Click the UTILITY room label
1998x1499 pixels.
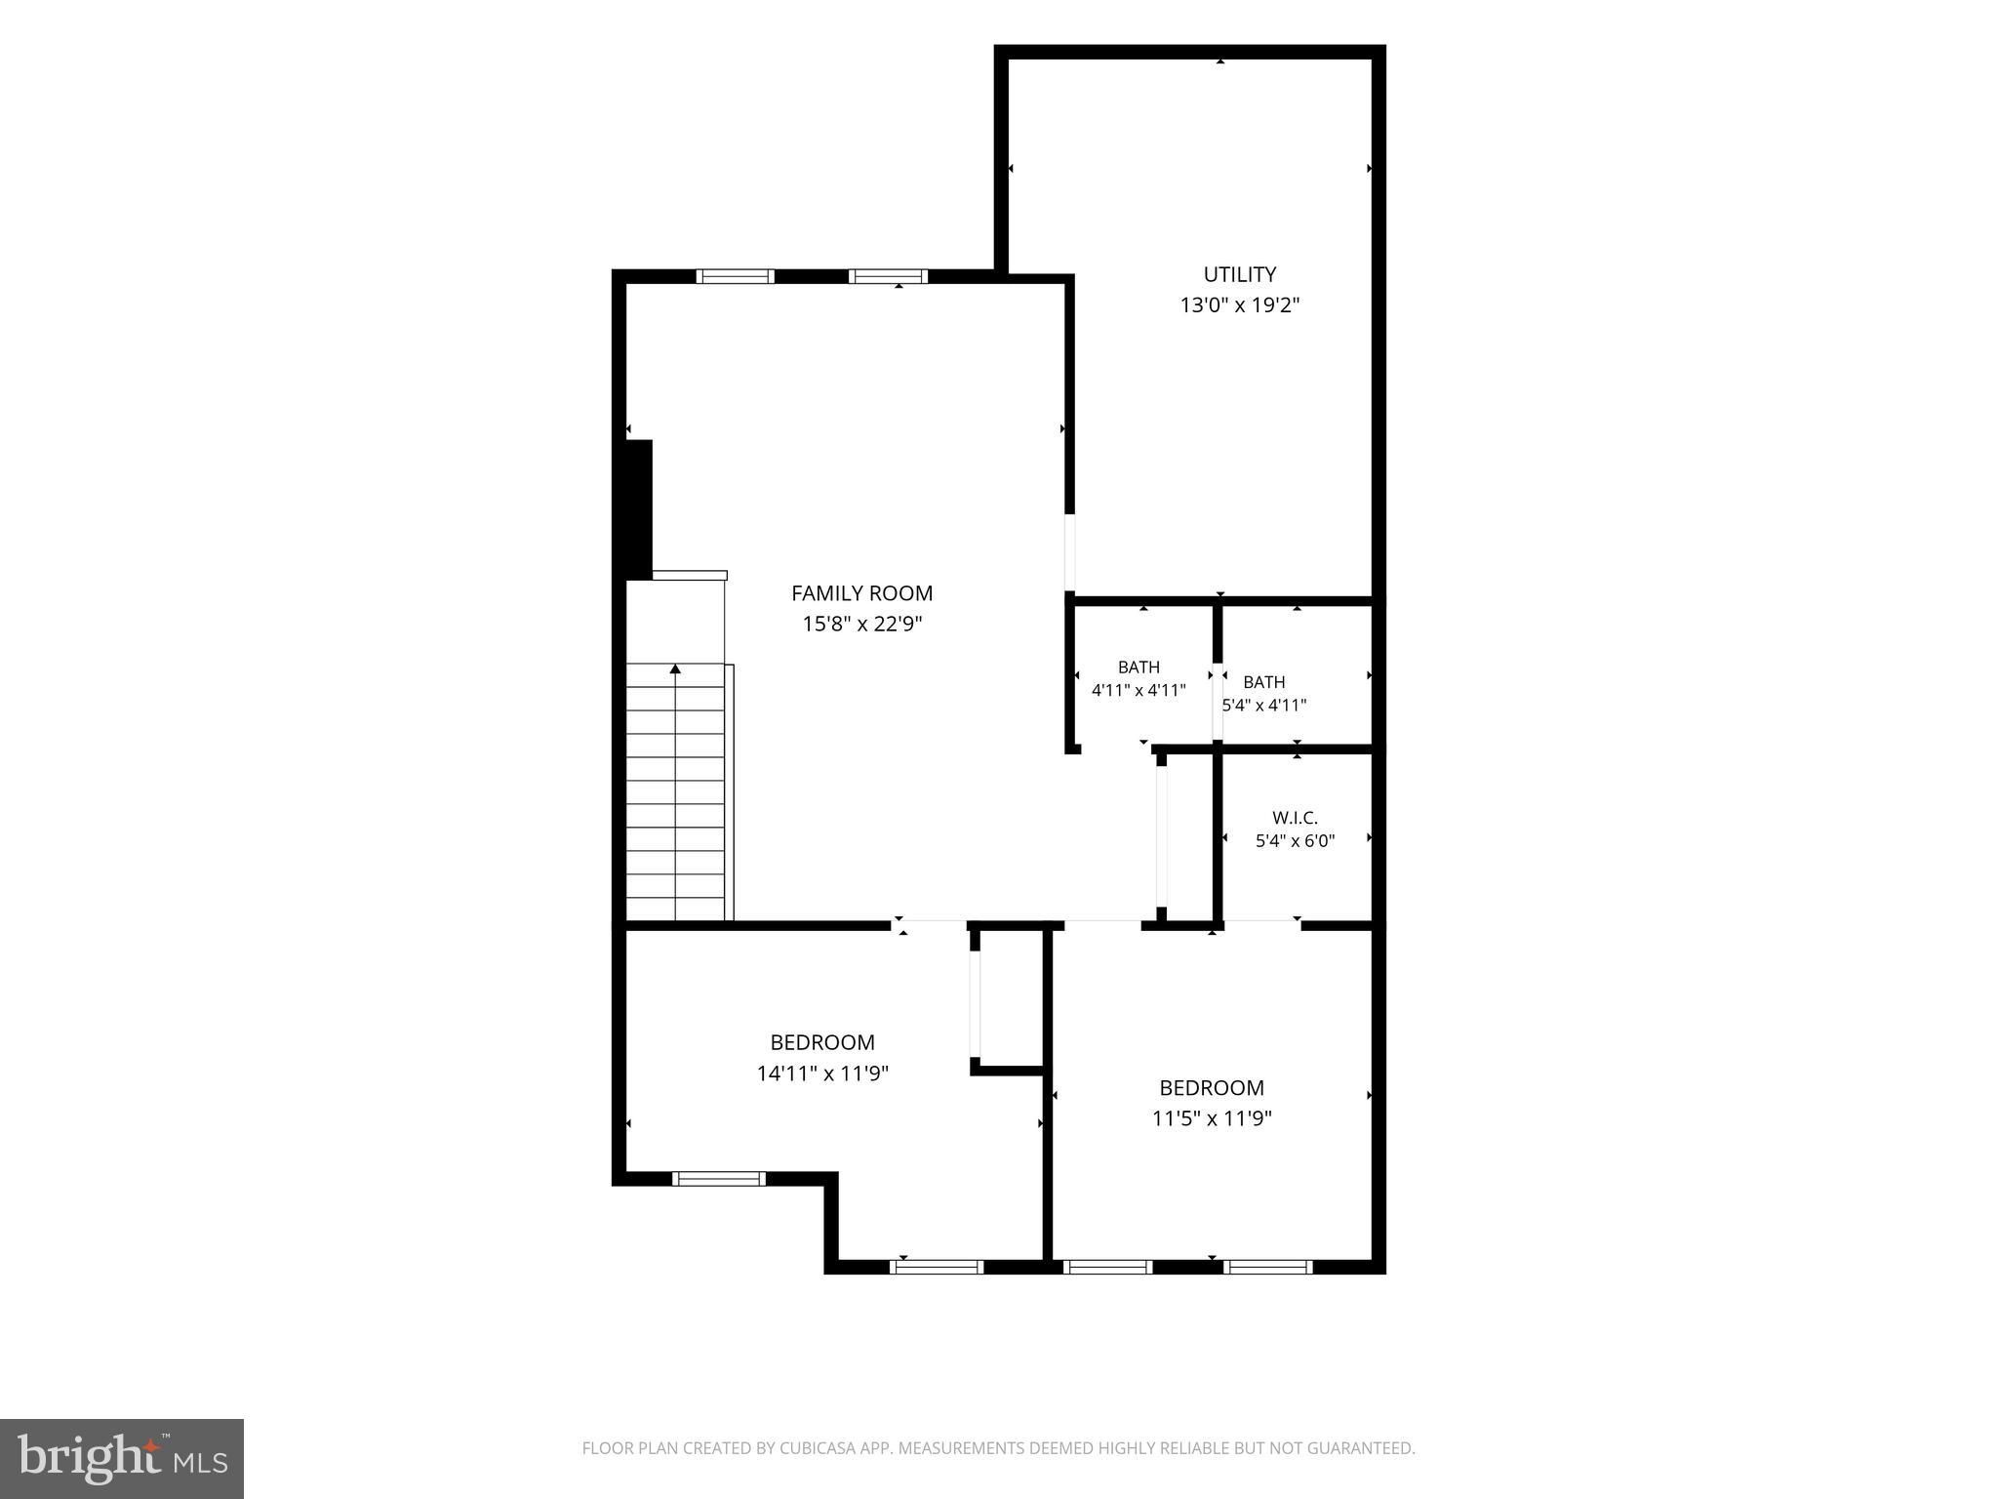pyautogui.click(x=1239, y=274)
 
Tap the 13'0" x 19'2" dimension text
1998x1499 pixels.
pyautogui.click(x=1239, y=305)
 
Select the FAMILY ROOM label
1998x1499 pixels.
pyautogui.click(x=861, y=592)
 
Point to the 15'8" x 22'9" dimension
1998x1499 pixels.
pyautogui.click(x=861, y=624)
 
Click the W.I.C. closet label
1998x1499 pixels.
pyautogui.click(x=1295, y=818)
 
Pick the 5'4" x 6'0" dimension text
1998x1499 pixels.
pyautogui.click(x=1295, y=840)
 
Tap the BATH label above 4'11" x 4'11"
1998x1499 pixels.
pyautogui.click(x=1139, y=668)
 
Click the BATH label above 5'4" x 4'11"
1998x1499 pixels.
pyautogui.click(x=1264, y=682)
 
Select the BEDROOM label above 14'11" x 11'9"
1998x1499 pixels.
pyautogui.click(x=822, y=1042)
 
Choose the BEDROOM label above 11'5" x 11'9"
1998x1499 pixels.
pyautogui.click(x=1212, y=1087)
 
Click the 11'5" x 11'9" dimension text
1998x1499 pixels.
pyautogui.click(x=1212, y=1118)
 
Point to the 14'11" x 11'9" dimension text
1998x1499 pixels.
pyautogui.click(x=822, y=1074)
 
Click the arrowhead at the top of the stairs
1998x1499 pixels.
pyautogui.click(x=675, y=668)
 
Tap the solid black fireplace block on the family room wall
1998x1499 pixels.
pyautogui.click(x=638, y=508)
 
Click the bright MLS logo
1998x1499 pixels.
pyautogui.click(x=122, y=1458)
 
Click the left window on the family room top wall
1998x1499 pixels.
pyautogui.click(x=736, y=276)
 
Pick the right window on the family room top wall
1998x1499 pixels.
pyautogui.click(x=888, y=276)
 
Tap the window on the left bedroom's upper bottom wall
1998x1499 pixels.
pyautogui.click(x=720, y=1179)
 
